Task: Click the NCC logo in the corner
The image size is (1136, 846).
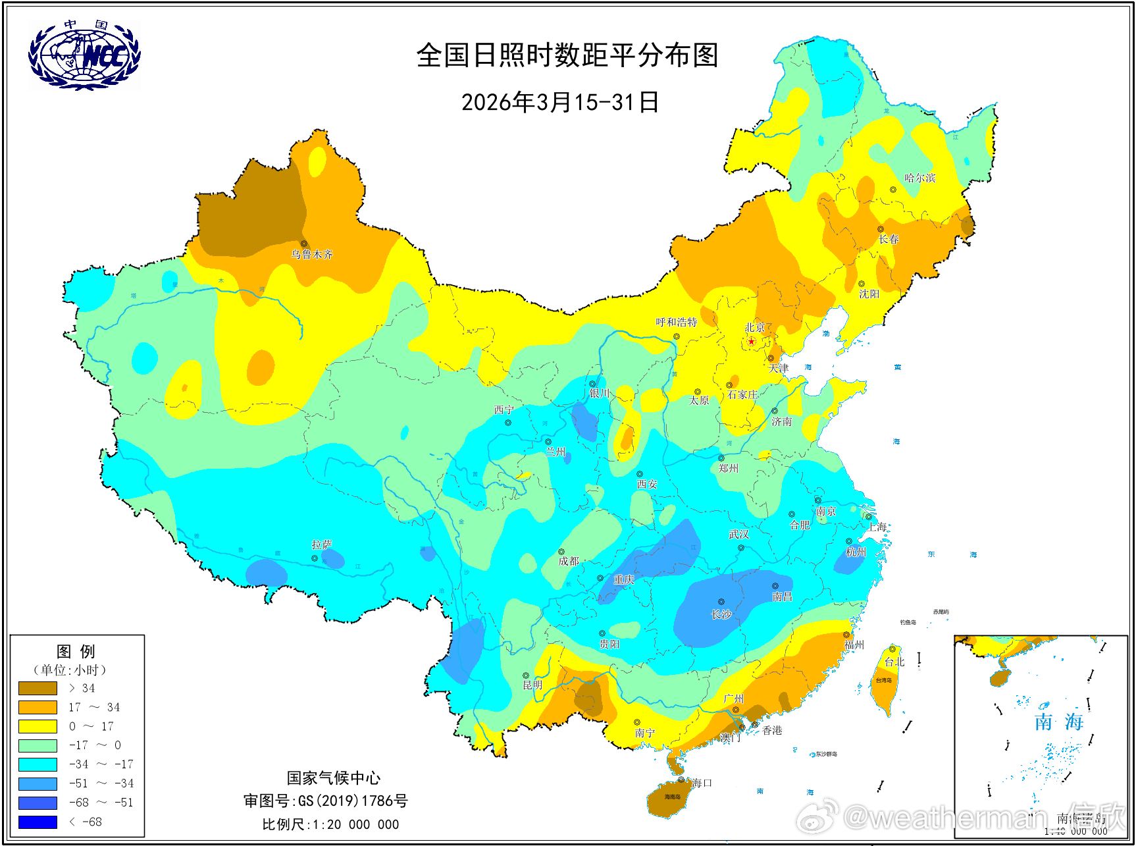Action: (x=84, y=55)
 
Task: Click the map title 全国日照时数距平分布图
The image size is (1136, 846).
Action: (x=567, y=55)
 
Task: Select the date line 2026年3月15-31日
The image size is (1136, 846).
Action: (x=560, y=103)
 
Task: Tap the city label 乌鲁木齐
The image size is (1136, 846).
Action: (x=312, y=254)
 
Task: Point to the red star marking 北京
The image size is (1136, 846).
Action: (x=751, y=341)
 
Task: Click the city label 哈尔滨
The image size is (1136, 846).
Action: (x=919, y=178)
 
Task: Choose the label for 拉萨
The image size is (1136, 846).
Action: (x=322, y=544)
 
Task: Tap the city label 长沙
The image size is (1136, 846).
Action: (x=721, y=614)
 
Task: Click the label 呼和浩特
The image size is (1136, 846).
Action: (x=676, y=322)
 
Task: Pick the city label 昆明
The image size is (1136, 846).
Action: (x=532, y=685)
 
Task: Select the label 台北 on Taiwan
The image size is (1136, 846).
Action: (x=894, y=662)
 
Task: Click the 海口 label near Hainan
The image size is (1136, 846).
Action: (x=702, y=783)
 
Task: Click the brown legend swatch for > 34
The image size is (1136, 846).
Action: (x=38, y=688)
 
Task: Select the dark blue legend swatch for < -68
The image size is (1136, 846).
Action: (x=38, y=822)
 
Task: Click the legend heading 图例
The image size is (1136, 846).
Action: (x=76, y=652)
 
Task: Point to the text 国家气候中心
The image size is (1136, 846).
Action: (x=333, y=778)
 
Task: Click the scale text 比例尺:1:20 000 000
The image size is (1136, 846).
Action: (x=330, y=824)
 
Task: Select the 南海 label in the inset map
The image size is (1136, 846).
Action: (x=1058, y=722)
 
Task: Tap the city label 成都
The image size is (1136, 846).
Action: (x=568, y=561)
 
